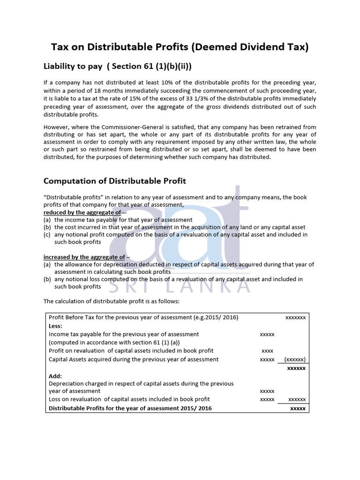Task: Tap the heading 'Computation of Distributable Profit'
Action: click(x=114, y=181)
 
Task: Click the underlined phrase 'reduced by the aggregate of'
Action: click(x=82, y=212)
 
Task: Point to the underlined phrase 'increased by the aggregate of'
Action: click(x=84, y=257)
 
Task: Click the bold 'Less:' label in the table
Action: click(x=55, y=326)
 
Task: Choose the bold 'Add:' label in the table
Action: click(x=55, y=376)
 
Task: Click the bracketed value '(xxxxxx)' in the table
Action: click(x=295, y=360)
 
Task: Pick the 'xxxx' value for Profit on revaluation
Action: click(x=267, y=351)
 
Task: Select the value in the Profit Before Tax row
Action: click(x=295, y=317)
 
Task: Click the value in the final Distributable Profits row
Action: click(x=298, y=408)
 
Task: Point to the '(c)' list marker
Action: click(x=47, y=235)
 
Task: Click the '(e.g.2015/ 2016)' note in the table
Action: click(x=216, y=317)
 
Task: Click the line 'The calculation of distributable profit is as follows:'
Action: click(x=108, y=301)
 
